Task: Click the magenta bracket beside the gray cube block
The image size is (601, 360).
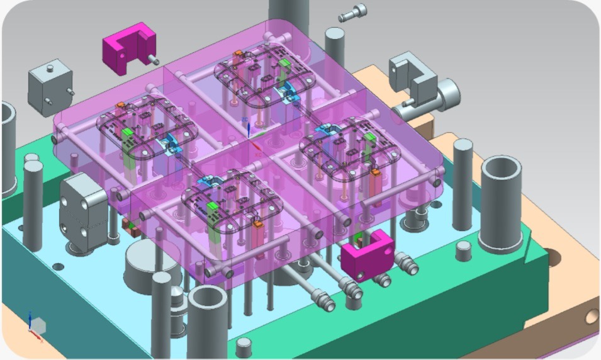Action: pyautogui.click(x=128, y=48)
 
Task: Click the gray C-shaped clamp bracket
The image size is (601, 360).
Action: pyautogui.click(x=412, y=75)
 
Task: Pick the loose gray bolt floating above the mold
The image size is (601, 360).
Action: pyautogui.click(x=352, y=13)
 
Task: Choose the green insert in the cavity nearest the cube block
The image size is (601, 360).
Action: pyautogui.click(x=128, y=133)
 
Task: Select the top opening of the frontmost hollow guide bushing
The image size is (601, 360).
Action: pyautogui.click(x=208, y=296)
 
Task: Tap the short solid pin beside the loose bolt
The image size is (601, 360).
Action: pyautogui.click(x=335, y=38)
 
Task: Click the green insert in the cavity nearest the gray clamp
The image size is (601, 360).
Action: pyautogui.click(x=369, y=137)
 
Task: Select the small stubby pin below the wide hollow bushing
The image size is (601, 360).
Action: pyautogui.click(x=464, y=252)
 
